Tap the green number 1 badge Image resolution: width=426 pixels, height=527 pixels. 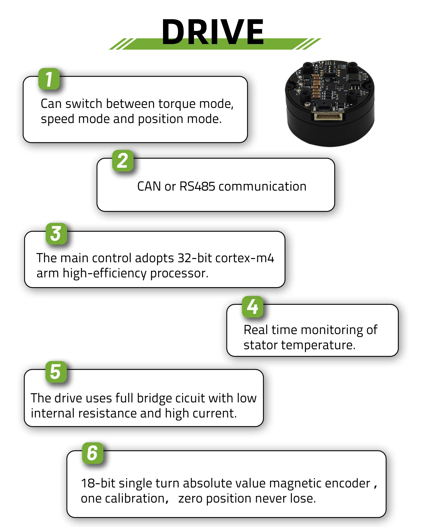coord(49,79)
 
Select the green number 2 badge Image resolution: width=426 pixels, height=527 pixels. coord(123,161)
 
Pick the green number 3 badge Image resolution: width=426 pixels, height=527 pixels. coord(56,234)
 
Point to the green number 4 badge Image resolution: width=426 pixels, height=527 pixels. coord(252,307)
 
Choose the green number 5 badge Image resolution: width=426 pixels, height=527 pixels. coord(56,372)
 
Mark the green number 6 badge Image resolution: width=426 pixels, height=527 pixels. coord(93,453)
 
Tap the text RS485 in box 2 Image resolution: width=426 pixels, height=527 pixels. coord(197,186)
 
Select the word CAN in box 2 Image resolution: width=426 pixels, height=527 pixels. coord(149,186)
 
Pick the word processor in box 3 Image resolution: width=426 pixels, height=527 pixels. coord(179,273)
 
